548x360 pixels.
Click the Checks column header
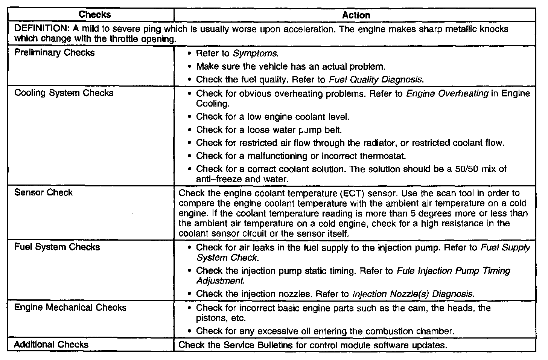click(x=94, y=15)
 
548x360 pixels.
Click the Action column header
click(x=356, y=15)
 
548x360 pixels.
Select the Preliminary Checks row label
click(x=55, y=53)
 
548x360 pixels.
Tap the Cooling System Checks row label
click(x=64, y=93)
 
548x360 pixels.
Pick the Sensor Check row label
click(x=43, y=192)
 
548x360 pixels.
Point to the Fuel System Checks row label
click(x=57, y=247)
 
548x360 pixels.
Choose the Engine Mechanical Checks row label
click(x=70, y=308)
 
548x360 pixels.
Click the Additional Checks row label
click(x=51, y=345)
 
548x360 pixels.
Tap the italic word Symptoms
click(x=255, y=53)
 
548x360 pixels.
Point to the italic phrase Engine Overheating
click(x=447, y=93)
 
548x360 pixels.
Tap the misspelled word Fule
click(x=405, y=271)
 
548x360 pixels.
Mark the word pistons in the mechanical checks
click(x=210, y=318)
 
